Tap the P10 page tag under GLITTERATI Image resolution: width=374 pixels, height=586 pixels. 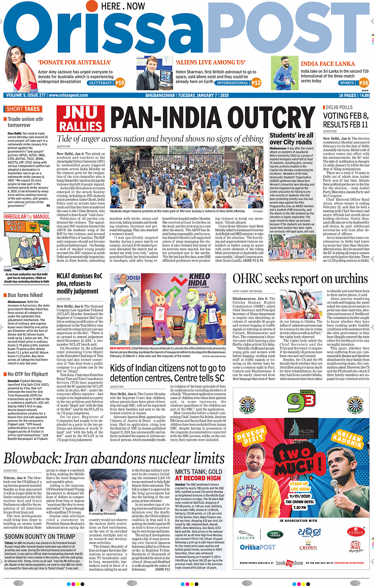(120, 83)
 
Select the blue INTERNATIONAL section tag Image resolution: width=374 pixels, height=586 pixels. (232, 83)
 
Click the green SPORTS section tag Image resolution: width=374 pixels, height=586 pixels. (347, 83)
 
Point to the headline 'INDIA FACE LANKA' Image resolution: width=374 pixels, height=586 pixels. (328, 64)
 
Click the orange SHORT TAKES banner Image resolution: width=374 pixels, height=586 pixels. (23, 109)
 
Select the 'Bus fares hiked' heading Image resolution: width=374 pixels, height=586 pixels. (25, 295)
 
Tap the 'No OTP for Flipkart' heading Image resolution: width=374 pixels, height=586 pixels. (28, 374)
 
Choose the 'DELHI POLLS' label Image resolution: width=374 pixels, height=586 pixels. (339, 107)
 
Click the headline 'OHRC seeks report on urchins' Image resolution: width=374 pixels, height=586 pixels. (300, 279)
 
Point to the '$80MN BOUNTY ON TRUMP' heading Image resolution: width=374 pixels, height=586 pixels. (40, 537)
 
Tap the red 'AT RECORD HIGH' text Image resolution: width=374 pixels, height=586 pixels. (198, 478)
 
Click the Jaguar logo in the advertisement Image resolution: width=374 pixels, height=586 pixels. (246, 535)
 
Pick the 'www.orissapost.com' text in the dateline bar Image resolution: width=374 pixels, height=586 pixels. (68, 95)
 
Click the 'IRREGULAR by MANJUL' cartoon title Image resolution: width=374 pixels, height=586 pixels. (27, 217)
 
